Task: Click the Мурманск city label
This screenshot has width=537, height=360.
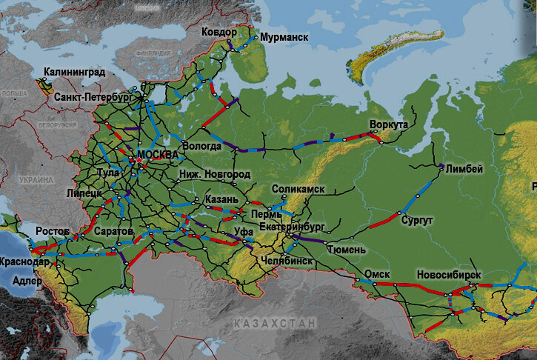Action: click(x=284, y=37)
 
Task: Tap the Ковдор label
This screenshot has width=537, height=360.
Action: click(x=219, y=33)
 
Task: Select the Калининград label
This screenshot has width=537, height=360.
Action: click(x=74, y=73)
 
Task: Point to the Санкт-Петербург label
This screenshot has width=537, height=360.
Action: click(x=93, y=97)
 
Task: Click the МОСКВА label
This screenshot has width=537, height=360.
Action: click(x=158, y=154)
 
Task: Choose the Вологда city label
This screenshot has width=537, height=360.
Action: click(x=201, y=146)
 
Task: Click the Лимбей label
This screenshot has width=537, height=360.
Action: click(x=464, y=169)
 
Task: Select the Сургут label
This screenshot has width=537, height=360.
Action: click(x=417, y=221)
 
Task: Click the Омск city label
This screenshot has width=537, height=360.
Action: click(x=377, y=274)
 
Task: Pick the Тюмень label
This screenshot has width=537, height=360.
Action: click(x=345, y=250)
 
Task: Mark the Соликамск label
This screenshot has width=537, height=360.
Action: click(x=298, y=190)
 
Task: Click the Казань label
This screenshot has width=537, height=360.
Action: click(x=222, y=200)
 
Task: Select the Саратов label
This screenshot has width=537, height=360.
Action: click(x=114, y=232)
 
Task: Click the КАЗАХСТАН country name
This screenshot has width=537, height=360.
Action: click(x=274, y=324)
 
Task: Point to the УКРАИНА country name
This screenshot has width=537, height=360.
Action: click(x=37, y=180)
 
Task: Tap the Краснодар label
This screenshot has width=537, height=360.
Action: click(x=25, y=262)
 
